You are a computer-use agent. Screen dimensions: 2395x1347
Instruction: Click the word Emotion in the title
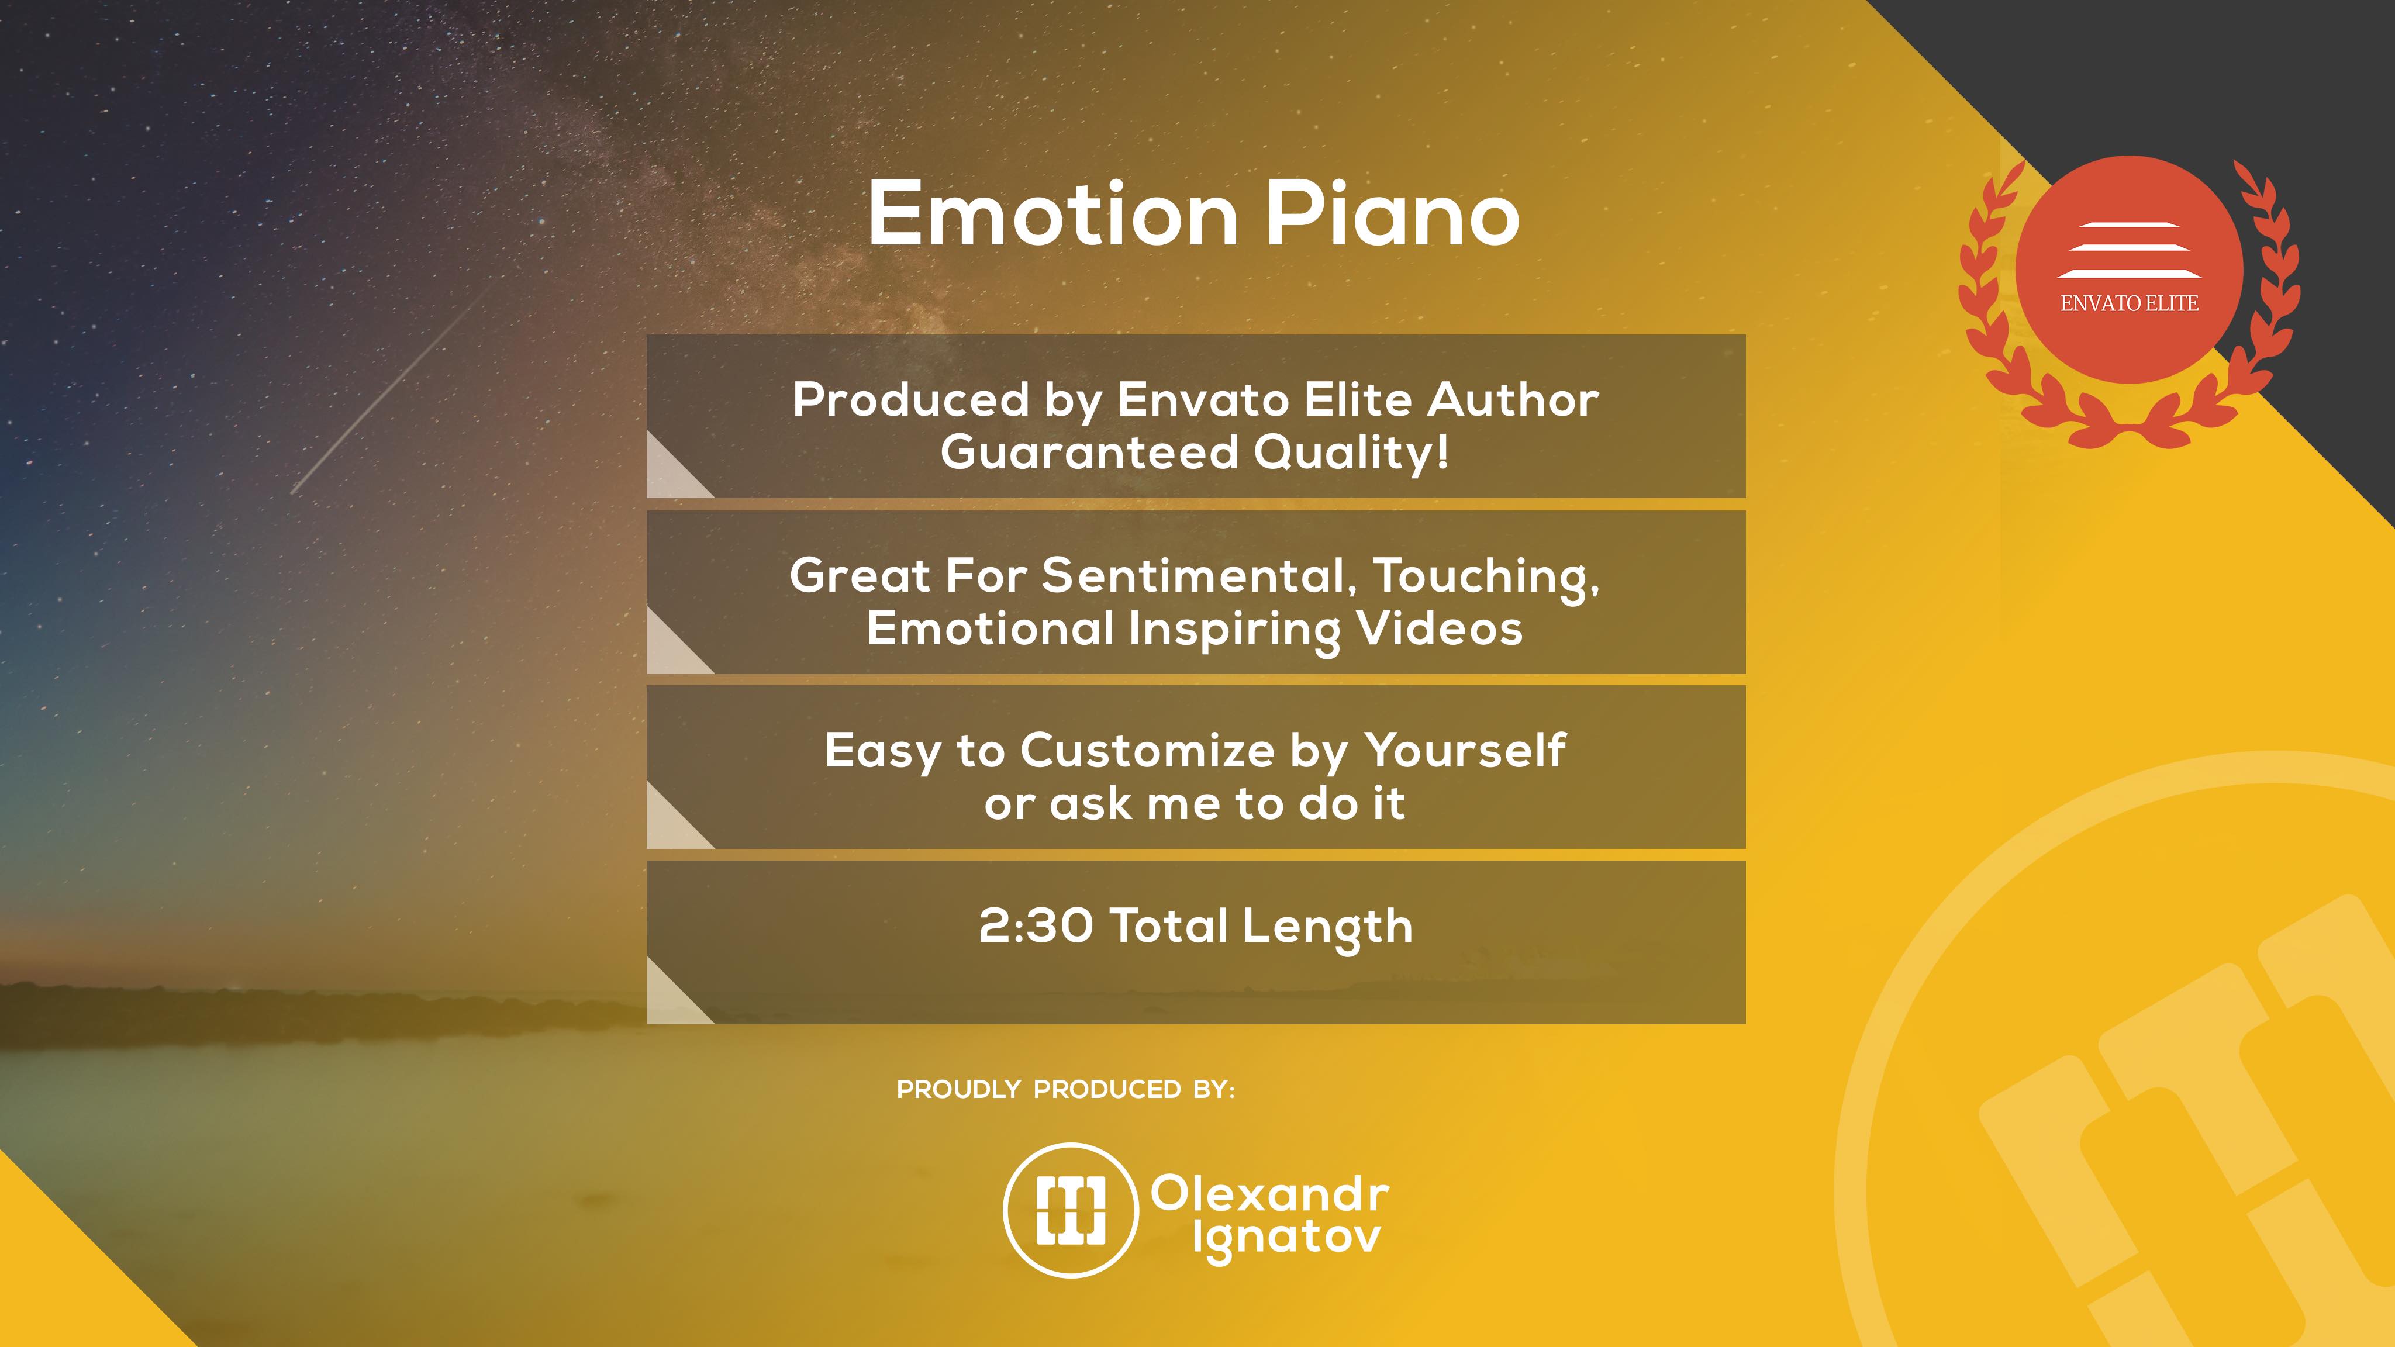(1054, 215)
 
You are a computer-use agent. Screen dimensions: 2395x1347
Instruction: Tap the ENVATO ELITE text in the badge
(2129, 303)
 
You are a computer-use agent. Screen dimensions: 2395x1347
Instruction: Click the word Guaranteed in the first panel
(1090, 453)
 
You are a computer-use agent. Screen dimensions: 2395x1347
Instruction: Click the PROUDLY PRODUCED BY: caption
(1065, 1090)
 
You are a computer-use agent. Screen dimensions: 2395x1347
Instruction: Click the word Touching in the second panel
(1486, 577)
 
